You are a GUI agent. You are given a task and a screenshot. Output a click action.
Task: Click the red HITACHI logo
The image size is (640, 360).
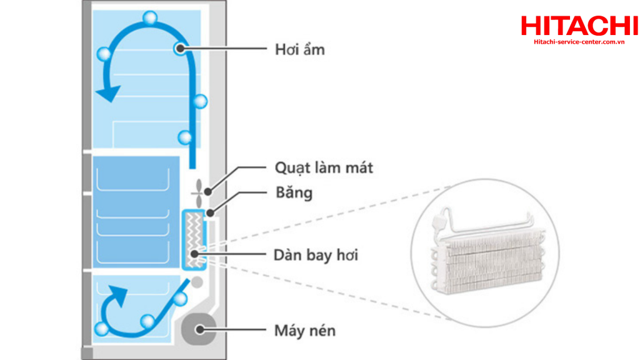coord(579,26)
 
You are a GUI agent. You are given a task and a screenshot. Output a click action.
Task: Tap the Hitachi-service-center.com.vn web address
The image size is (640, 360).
coord(579,42)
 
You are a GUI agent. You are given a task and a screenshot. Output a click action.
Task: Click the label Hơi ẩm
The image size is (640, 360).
coord(300,50)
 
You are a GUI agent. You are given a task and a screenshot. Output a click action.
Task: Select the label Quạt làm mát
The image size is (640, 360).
coord(324,167)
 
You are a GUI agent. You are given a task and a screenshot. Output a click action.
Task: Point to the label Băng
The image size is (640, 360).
coord(294,192)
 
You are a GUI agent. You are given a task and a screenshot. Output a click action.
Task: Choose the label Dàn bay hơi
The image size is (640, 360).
coord(316,255)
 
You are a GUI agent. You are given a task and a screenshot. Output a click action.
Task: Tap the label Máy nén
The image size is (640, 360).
coord(305,331)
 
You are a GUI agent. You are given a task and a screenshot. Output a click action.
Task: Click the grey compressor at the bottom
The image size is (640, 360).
coord(199,329)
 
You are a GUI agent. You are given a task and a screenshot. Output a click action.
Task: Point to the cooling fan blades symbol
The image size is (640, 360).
coord(198,192)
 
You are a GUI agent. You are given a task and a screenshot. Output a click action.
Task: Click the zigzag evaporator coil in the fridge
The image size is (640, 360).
coord(194,240)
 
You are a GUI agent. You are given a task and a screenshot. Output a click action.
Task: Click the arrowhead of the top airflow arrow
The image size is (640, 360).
coord(108,94)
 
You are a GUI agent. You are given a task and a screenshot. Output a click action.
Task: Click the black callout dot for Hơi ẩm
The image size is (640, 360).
coord(180,49)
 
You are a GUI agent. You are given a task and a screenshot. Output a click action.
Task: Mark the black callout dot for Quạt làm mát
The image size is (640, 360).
coord(207,191)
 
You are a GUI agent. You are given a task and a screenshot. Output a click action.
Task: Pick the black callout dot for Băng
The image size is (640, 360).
coord(210,212)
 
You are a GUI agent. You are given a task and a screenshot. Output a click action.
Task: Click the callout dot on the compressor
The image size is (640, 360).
coord(199,329)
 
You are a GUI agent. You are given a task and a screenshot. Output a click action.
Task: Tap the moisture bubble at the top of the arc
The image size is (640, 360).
coord(150,18)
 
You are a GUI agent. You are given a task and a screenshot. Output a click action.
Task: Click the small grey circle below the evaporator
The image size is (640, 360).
coord(197,282)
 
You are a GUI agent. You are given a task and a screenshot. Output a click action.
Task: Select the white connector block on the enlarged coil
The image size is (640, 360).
coord(439,222)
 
